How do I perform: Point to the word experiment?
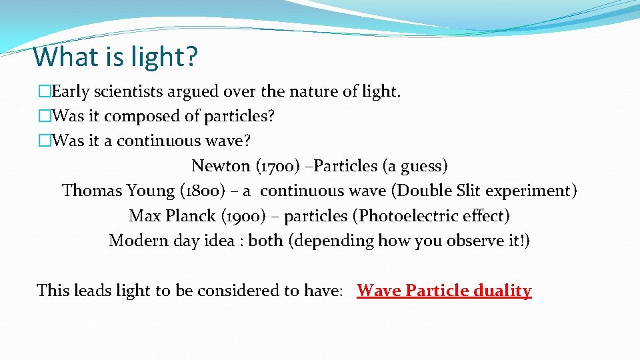point(530,191)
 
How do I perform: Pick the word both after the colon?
point(265,241)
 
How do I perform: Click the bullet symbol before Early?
point(45,91)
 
